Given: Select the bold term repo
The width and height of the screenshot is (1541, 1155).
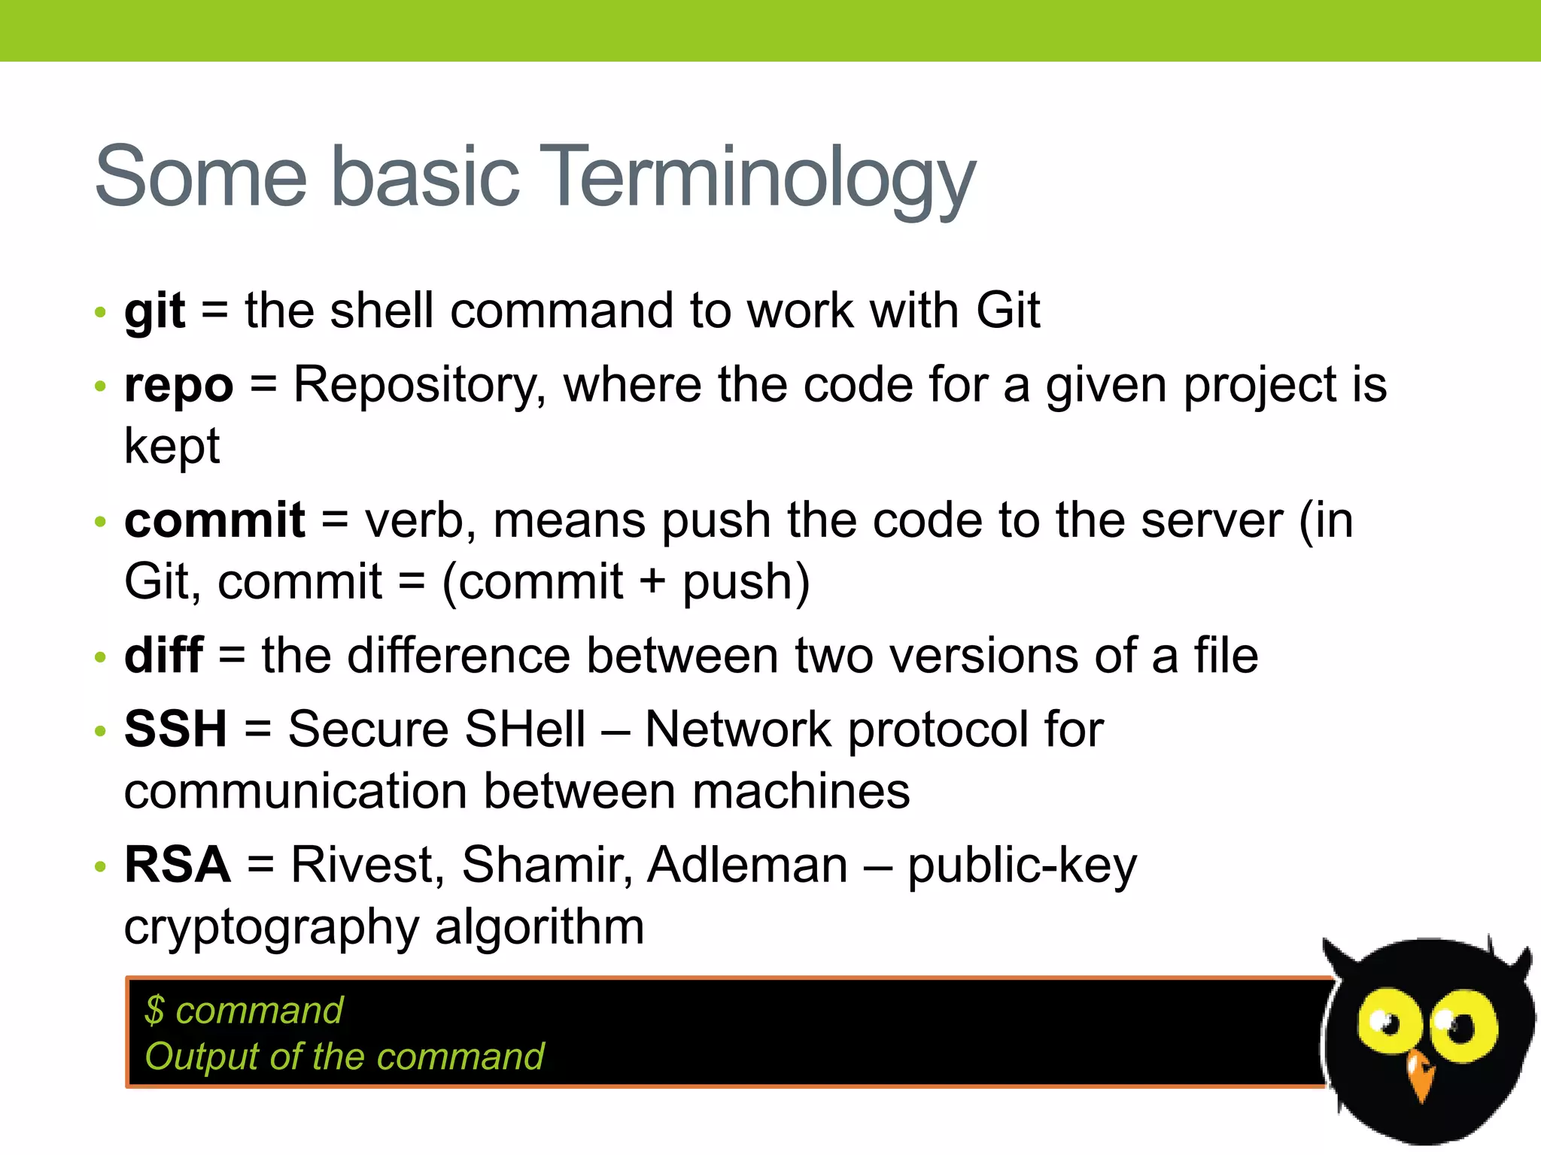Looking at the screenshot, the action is (179, 387).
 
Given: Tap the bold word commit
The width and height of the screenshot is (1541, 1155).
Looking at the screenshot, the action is (214, 520).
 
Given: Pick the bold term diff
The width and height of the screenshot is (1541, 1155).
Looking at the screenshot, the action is (163, 655).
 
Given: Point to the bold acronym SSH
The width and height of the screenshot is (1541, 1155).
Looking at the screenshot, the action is (175, 729).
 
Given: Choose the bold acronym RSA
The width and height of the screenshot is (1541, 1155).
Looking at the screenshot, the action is (178, 865).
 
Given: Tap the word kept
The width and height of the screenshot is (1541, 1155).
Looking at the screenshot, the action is (172, 447).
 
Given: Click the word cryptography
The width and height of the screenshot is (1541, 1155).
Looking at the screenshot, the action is (272, 927).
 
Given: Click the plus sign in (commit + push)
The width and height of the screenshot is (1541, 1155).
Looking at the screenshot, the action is (652, 582).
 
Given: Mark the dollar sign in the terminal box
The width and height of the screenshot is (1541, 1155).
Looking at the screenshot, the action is (154, 1010).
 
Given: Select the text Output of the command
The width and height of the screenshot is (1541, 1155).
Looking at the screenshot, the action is (344, 1056).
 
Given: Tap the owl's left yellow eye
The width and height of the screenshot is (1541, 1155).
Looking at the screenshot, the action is (1384, 1023).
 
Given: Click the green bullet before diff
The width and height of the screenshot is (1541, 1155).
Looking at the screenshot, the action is (101, 657).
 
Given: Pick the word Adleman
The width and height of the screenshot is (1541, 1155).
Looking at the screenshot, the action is (747, 865).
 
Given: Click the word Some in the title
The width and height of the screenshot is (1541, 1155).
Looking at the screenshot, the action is (201, 177).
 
